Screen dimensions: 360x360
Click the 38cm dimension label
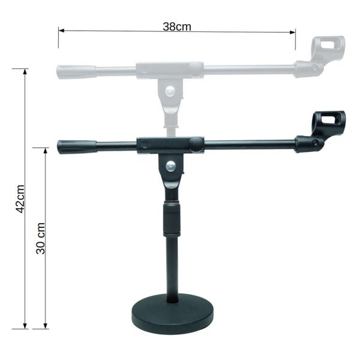click(177, 26)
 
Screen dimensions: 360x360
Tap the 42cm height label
click(20, 199)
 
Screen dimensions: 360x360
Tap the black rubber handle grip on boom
click(77, 146)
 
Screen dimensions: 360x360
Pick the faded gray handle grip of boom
click(76, 70)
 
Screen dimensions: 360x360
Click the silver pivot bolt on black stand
click(172, 167)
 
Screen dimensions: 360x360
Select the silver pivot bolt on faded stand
click(172, 91)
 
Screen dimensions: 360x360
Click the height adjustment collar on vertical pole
click(172, 218)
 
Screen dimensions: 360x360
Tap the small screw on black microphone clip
click(316, 142)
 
